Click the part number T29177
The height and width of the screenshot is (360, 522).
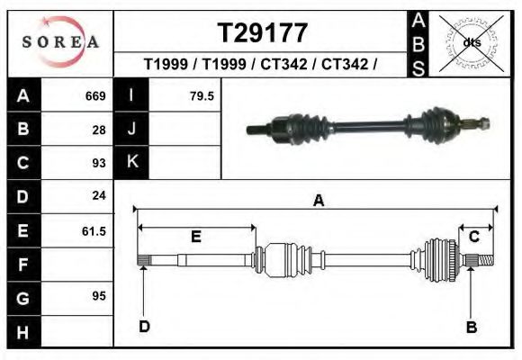[264, 32]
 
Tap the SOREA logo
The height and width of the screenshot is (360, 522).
[60, 42]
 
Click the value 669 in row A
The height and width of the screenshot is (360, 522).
[95, 95]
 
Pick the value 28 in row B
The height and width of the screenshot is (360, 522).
[99, 129]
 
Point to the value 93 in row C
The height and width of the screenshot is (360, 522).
[99, 163]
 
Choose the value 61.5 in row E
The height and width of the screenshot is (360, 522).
[94, 230]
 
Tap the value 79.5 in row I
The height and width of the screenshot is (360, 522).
[202, 95]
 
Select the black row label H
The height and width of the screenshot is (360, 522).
[23, 332]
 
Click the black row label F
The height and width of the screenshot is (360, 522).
[23, 265]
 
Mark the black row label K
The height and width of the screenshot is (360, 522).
[132, 163]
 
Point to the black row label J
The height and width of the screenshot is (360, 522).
[132, 129]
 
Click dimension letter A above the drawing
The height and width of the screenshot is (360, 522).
[318, 201]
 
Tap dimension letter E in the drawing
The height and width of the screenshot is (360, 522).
[195, 238]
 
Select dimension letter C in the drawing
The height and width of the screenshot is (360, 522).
[473, 236]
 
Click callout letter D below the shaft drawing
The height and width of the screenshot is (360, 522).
[144, 326]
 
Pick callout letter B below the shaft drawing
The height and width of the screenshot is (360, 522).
[471, 327]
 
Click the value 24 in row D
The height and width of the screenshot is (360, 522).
[99, 195]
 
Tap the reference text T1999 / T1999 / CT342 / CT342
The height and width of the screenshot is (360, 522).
[260, 65]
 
